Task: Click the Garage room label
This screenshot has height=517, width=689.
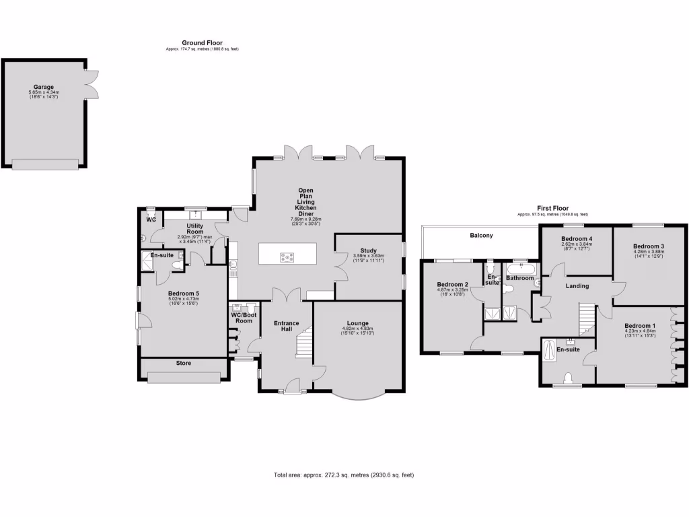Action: point(44,87)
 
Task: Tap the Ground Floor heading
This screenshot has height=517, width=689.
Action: point(202,43)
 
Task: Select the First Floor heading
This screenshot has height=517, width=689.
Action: point(552,208)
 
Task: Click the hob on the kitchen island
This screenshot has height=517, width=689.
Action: point(287,256)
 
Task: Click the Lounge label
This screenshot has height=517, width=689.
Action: point(358,322)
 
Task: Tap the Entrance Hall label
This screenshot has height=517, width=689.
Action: point(286,326)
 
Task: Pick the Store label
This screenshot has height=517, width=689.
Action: point(184,364)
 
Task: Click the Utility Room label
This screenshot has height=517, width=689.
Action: point(195,228)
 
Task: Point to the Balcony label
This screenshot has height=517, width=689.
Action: point(481,236)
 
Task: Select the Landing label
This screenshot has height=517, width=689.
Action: point(577,286)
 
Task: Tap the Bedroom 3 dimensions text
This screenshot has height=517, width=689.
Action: point(649,254)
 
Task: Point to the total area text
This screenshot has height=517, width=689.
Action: point(344,475)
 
